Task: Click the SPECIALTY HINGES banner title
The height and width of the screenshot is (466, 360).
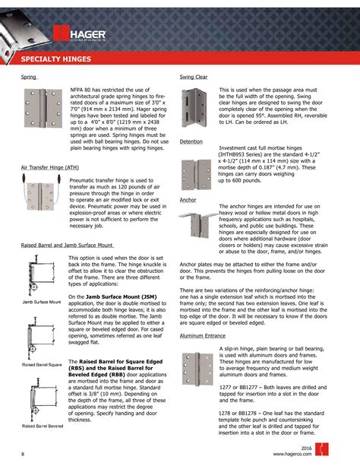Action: point(56,59)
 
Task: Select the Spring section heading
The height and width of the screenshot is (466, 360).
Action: point(29,78)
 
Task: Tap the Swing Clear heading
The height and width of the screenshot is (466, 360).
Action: point(194,78)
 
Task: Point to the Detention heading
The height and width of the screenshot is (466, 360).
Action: point(191,142)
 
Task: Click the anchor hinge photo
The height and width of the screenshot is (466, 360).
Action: point(199,223)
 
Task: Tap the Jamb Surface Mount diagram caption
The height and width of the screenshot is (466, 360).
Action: point(42,303)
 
